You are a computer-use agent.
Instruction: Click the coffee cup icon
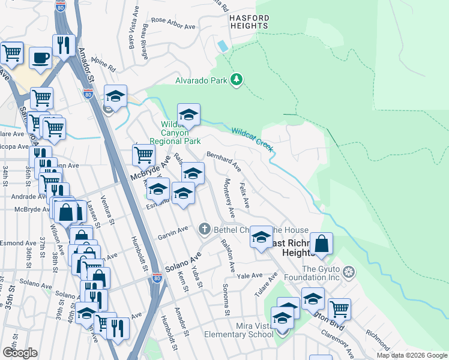(41, 58)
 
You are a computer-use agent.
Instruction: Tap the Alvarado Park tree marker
(237, 80)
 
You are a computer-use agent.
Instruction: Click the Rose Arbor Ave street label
(173, 23)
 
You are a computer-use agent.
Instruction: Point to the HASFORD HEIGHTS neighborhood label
(249, 21)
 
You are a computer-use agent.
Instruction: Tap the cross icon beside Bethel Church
(205, 229)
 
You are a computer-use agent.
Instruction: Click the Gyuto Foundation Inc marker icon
(348, 272)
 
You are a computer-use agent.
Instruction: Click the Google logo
(20, 352)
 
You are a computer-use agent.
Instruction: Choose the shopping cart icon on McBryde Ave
(143, 155)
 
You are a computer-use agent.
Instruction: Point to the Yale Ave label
(250, 275)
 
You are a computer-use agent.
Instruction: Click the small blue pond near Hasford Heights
(223, 46)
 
